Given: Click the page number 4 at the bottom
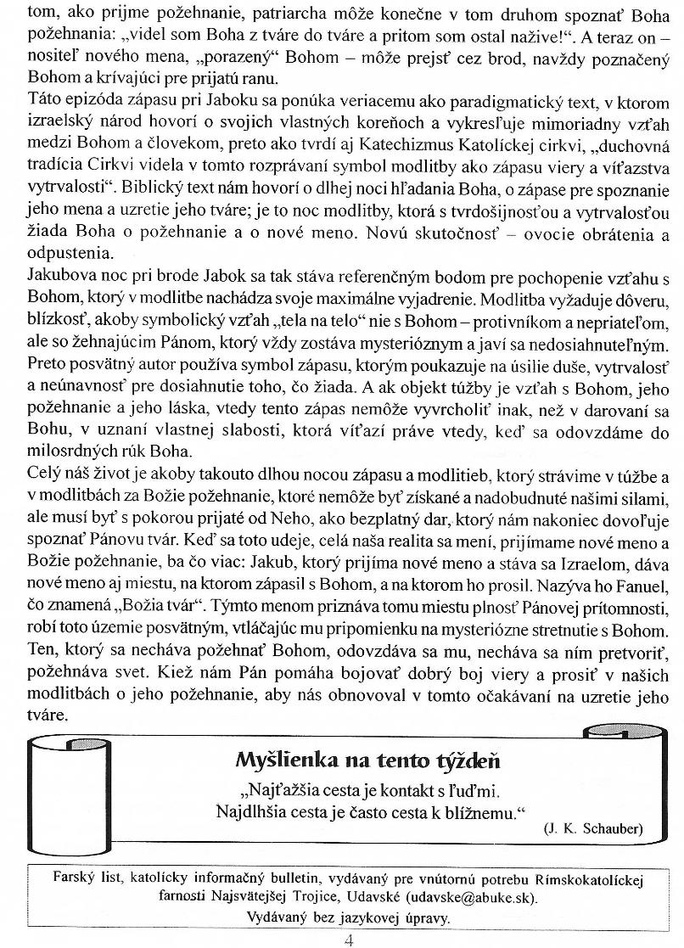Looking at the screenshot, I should tap(349, 939).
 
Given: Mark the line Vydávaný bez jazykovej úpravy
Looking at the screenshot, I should tap(349, 917).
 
